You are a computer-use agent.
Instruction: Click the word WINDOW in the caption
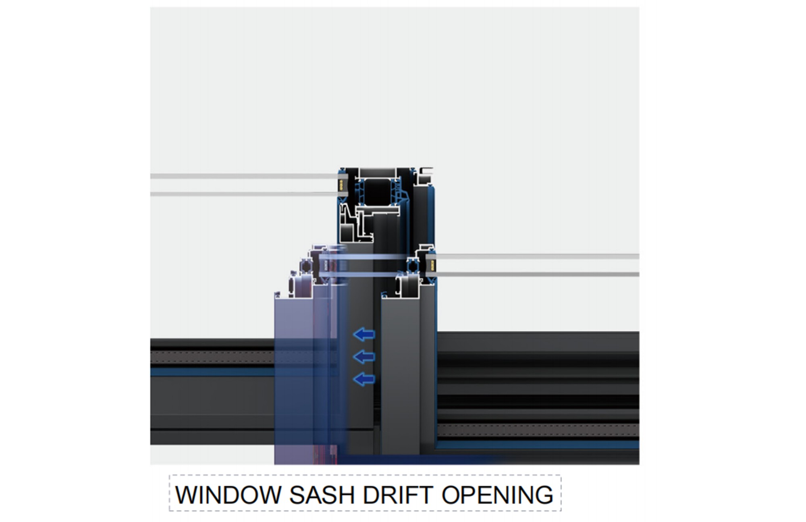[228, 495]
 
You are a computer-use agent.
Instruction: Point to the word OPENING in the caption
[497, 495]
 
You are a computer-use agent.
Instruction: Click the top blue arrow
[364, 334]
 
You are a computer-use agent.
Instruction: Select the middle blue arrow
[364, 356]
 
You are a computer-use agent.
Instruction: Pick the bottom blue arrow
[364, 379]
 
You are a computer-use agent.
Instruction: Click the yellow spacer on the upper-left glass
[341, 185]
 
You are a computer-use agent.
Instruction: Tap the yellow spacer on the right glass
[429, 265]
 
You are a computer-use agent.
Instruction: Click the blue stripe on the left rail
[212, 371]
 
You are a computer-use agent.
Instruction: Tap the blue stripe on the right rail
[538, 445]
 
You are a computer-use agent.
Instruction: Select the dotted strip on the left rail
[212, 357]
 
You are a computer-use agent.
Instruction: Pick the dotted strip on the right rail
[538, 430]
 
